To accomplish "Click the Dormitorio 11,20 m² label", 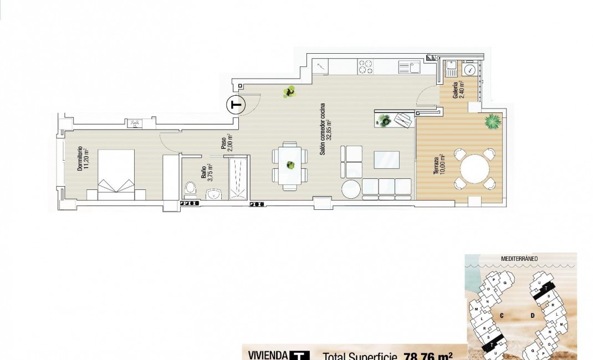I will point(84,159).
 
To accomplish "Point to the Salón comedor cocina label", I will point(327,130).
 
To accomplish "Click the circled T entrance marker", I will point(237,105).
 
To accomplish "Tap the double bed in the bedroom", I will point(116,174).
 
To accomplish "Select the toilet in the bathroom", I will point(190,190).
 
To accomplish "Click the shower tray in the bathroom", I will point(239,178).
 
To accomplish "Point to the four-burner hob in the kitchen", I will point(365,67).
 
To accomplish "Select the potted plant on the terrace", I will point(491,121).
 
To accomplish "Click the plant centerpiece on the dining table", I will point(289,164).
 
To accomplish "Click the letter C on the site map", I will point(500,315).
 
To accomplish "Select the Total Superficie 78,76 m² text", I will point(388,356).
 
